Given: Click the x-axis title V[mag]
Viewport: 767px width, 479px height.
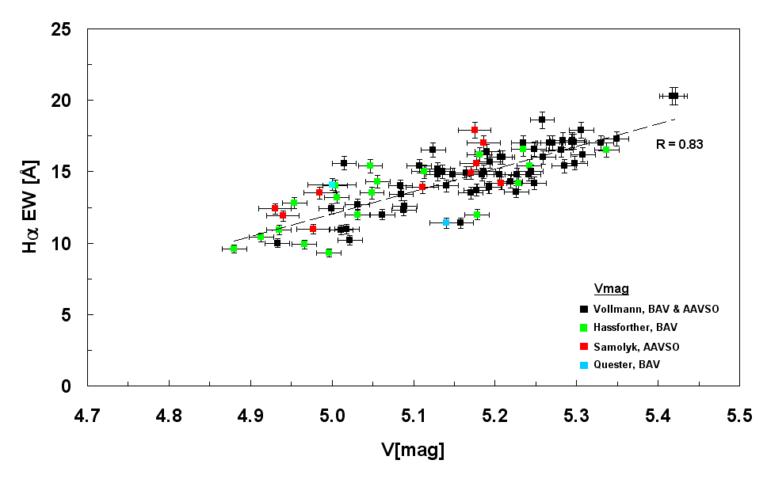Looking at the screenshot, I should tap(411, 450).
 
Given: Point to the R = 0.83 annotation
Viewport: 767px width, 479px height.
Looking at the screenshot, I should tap(679, 144).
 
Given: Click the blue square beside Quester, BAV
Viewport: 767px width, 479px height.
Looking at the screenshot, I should tap(583, 365).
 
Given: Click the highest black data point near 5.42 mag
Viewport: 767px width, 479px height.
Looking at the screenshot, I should tap(674, 96).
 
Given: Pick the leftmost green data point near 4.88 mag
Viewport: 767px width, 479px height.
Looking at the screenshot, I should tap(234, 249).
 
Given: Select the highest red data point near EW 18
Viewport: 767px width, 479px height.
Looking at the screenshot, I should tap(475, 130).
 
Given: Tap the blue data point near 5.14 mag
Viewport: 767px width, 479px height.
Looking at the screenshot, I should tap(446, 222).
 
